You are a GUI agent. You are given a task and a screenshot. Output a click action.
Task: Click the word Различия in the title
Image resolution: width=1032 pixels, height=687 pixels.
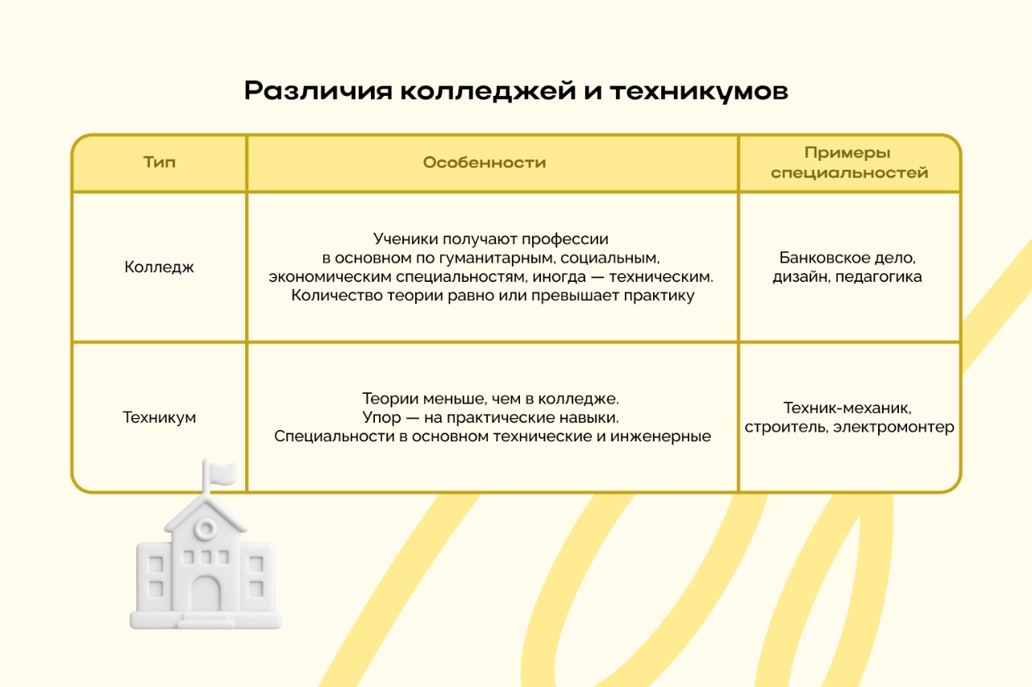click(318, 91)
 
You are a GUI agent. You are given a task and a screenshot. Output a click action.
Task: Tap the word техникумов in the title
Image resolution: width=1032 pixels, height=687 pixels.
click(699, 91)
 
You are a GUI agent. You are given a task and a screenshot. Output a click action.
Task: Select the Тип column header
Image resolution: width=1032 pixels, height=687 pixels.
click(160, 163)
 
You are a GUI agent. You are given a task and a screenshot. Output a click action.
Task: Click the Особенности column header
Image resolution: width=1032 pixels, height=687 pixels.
click(485, 163)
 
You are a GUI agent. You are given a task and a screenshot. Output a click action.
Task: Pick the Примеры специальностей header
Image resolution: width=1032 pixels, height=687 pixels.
click(849, 163)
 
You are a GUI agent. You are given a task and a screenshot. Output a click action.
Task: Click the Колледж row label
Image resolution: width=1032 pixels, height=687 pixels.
click(159, 267)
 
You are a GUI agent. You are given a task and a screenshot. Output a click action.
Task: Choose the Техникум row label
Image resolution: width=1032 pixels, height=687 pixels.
click(159, 417)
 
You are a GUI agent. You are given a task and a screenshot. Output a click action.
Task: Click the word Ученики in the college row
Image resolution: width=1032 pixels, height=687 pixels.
click(406, 239)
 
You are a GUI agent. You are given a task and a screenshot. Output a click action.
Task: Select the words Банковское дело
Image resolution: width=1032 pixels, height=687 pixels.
click(847, 258)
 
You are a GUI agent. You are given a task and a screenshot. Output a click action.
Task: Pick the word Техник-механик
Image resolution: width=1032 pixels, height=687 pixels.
click(847, 408)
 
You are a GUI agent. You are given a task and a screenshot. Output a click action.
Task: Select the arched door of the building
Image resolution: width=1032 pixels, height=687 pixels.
click(206, 594)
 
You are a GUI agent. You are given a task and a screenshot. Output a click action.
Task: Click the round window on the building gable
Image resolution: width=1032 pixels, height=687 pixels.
click(206, 528)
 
